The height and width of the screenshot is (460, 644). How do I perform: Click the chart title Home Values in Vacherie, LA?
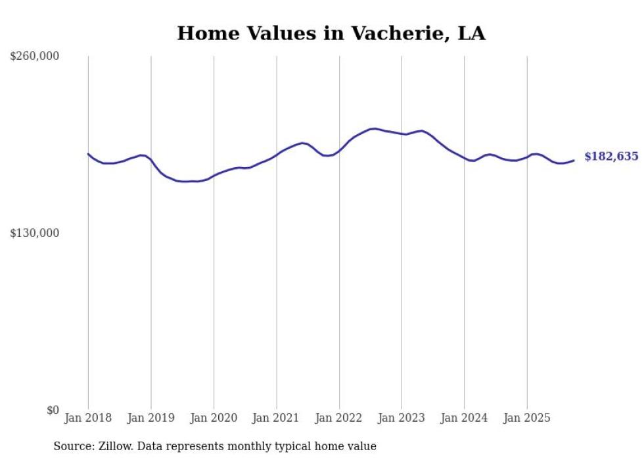[x=331, y=33]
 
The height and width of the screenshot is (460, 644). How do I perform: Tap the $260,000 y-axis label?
[x=35, y=57]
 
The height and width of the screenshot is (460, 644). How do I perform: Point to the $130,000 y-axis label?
[x=35, y=234]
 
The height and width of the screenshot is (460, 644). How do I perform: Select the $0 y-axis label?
[x=53, y=410]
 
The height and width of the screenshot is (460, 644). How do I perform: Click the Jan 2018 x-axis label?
[x=88, y=418]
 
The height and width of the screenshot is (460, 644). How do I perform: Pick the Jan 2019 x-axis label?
[x=151, y=418]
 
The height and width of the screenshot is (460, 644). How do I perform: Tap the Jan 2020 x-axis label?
[x=214, y=418]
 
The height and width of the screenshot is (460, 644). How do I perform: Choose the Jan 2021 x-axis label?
[x=276, y=418]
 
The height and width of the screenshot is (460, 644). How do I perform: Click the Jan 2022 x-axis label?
[x=339, y=418]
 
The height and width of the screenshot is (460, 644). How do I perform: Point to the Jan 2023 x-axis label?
[x=402, y=418]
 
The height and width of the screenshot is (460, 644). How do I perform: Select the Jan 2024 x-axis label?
[x=464, y=418]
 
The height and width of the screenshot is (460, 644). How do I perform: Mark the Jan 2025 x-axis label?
[x=527, y=418]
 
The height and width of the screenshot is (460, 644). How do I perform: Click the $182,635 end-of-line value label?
[x=611, y=157]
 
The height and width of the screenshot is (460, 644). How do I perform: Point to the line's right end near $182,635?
[x=574, y=160]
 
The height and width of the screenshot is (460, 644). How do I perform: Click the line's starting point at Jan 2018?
[x=88, y=154]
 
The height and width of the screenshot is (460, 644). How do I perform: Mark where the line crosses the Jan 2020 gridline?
[x=214, y=176]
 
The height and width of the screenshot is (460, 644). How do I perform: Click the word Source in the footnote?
[x=73, y=446]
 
